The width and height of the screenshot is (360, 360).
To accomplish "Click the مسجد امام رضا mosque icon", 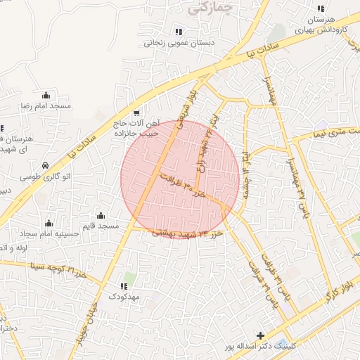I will coord(46,95).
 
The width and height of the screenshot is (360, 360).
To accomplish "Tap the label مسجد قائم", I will coord(99,226).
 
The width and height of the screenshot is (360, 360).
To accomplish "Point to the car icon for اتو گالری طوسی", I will coord(46,165).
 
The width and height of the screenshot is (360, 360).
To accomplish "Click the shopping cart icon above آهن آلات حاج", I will coord(136,112).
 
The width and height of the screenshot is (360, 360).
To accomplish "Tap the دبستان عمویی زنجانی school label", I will coord(179,42).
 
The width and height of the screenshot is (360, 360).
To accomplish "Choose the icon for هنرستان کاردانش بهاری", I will coord(321,9).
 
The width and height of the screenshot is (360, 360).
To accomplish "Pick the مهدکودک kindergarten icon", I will coord(124,286).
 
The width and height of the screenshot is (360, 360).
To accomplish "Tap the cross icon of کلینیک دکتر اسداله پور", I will coord(261,336).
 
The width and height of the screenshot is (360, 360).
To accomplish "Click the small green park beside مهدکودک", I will coord(127,278).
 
